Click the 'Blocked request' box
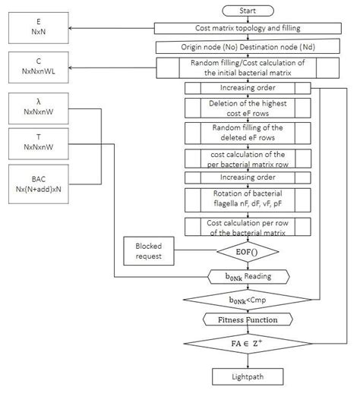point(149,251)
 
